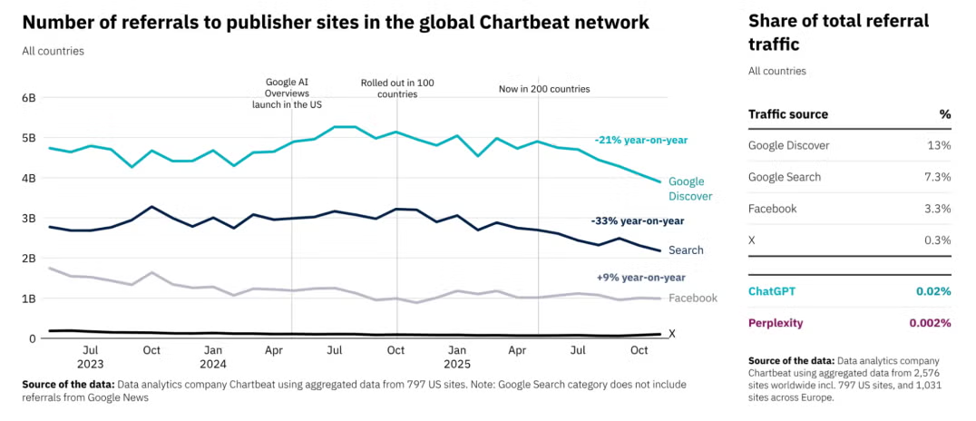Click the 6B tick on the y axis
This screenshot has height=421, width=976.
[x=28, y=97]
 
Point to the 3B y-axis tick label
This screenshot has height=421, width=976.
[x=28, y=218]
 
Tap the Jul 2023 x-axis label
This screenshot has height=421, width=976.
[x=91, y=357]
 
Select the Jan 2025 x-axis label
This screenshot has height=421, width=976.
[x=456, y=357]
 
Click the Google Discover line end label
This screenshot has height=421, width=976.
[x=690, y=189]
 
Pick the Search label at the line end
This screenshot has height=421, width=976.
[x=686, y=250]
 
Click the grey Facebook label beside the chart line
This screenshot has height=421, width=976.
[x=693, y=298]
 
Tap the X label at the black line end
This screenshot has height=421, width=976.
[x=672, y=334]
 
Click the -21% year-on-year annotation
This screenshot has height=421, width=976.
[x=641, y=140]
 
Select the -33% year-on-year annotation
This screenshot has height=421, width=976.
[x=638, y=220]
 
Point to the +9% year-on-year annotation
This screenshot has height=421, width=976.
[x=641, y=277]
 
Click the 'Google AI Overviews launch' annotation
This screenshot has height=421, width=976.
[x=287, y=93]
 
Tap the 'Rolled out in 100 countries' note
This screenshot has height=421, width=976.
[x=397, y=88]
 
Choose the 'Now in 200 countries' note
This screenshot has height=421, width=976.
[x=544, y=89]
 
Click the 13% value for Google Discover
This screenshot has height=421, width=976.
[x=939, y=145]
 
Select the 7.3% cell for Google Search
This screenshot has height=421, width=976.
[x=936, y=177]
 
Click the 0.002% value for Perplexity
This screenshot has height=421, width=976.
[x=930, y=322]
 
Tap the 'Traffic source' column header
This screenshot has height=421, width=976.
[x=787, y=114]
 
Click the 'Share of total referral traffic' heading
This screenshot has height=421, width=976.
[x=838, y=32]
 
